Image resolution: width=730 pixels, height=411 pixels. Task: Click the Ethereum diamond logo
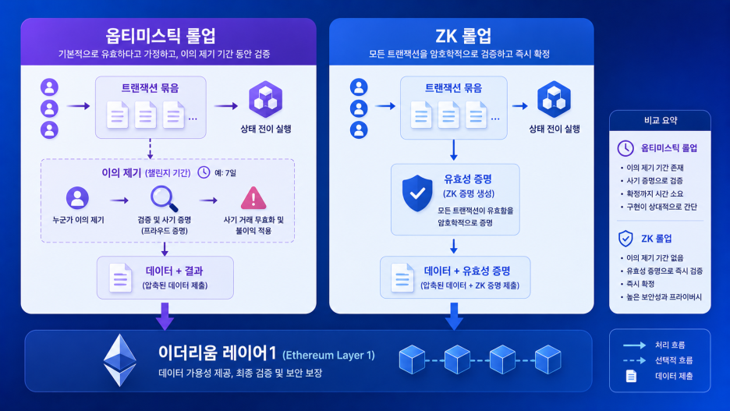click(x=119, y=360)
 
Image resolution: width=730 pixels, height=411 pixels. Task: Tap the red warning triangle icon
click(x=253, y=198)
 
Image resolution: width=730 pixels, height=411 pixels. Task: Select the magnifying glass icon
click(x=164, y=199)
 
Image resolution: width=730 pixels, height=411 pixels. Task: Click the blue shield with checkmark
click(x=417, y=193)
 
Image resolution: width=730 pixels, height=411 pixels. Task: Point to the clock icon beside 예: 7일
click(x=204, y=172)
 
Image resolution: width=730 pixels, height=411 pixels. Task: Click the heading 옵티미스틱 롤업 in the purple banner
click(x=161, y=36)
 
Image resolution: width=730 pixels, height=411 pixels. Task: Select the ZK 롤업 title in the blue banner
click(x=462, y=36)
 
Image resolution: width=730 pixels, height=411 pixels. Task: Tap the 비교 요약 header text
click(x=661, y=121)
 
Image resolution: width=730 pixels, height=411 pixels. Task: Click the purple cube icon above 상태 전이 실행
click(x=265, y=99)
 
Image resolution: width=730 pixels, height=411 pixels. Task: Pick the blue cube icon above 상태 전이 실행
click(x=554, y=99)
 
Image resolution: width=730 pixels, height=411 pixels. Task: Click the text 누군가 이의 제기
click(x=78, y=220)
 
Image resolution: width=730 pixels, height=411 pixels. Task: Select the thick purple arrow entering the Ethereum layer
click(x=165, y=317)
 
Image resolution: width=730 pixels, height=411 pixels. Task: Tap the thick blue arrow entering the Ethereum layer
click(x=454, y=317)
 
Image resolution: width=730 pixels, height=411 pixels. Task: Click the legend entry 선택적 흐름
click(x=674, y=360)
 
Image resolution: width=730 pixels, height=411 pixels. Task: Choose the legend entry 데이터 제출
click(x=674, y=376)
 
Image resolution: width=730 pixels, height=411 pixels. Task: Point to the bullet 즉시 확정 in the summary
click(x=640, y=284)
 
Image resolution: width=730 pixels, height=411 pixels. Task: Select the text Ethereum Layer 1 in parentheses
click(x=328, y=356)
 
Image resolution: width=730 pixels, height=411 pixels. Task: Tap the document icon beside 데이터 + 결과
click(x=120, y=278)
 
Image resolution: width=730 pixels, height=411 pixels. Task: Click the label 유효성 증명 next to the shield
click(x=468, y=179)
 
